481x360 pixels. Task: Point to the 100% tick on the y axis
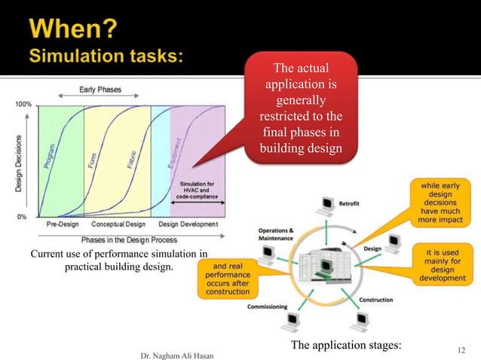23,105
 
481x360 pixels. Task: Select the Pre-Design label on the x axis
63,224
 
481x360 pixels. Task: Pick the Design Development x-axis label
188,224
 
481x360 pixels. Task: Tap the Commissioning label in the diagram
271,307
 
